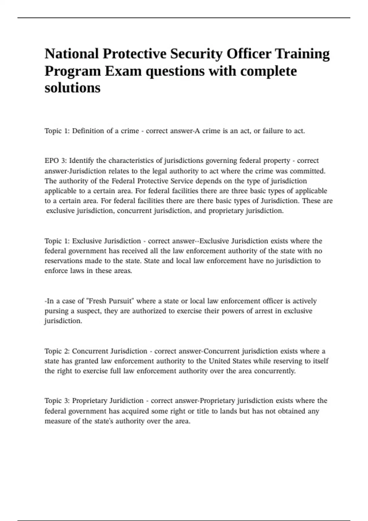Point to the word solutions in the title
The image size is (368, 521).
tap(72, 88)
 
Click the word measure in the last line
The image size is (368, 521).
tap(58, 421)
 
